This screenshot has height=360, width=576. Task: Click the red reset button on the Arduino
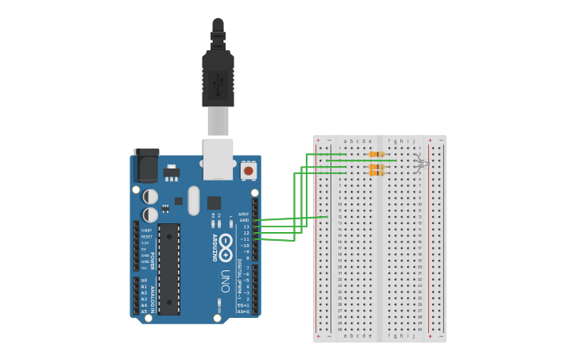249,170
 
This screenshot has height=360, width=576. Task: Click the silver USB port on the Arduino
218,159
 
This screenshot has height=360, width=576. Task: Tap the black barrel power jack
146,165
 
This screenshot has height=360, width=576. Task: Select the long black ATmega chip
168,269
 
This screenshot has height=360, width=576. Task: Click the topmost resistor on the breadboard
377,154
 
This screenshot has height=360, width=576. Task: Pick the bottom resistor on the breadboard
377,172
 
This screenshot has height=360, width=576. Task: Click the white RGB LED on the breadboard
422,164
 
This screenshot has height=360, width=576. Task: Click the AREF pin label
243,214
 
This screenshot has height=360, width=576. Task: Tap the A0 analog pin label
144,281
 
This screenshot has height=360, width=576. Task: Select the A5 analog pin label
144,312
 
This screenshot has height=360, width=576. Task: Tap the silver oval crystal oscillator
194,200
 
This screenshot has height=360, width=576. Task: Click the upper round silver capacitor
150,196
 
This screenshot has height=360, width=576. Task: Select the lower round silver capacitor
150,215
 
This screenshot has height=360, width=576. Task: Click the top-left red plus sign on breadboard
319,141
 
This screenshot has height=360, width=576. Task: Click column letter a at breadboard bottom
344,335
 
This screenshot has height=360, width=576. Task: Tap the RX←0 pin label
243,312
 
